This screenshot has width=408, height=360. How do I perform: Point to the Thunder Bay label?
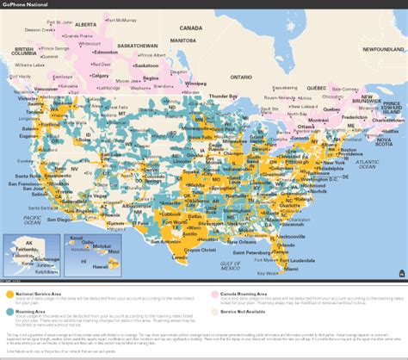(223, 95)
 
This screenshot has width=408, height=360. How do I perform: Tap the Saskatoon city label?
(147, 65)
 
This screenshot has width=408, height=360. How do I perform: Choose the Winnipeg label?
(196, 84)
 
